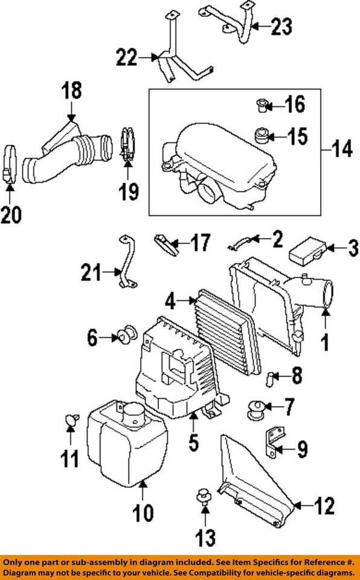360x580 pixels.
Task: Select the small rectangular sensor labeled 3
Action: [308, 252]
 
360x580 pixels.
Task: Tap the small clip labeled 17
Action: [167, 244]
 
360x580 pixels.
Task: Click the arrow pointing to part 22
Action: [147, 59]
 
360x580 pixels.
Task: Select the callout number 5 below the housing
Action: [193, 443]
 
